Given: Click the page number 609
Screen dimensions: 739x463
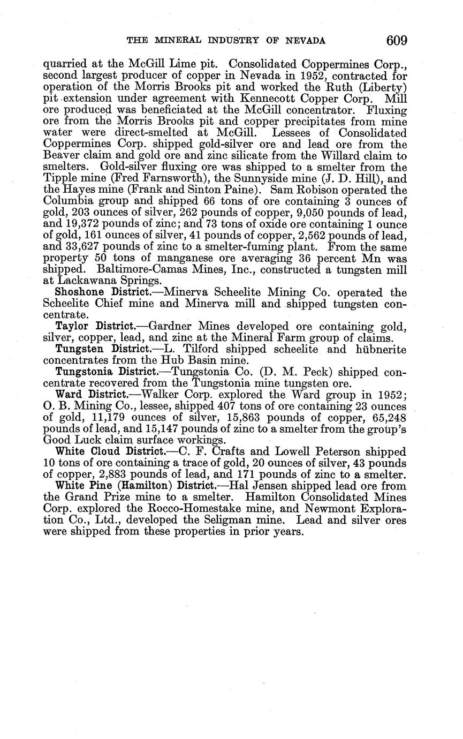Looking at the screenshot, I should (x=396, y=40).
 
